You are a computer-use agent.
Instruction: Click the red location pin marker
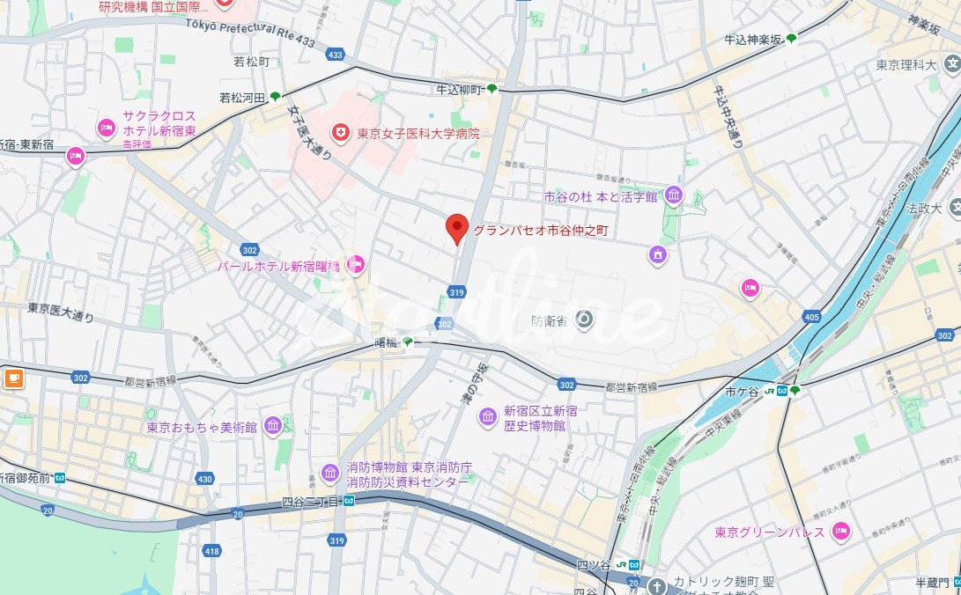(x=456, y=229)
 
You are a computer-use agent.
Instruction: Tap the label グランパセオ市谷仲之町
(x=541, y=231)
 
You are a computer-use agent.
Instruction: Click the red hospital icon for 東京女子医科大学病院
(x=339, y=133)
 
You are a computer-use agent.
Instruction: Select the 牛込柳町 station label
(x=459, y=90)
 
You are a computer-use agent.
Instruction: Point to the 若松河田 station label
(x=242, y=97)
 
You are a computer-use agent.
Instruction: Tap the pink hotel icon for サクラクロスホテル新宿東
(x=107, y=129)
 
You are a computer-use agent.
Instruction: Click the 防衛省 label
(x=550, y=321)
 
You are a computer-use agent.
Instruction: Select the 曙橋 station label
(x=386, y=342)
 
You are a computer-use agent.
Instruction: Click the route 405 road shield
(x=811, y=316)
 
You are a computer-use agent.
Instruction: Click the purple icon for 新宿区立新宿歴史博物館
(x=487, y=415)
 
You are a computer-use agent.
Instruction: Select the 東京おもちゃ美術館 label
(x=202, y=428)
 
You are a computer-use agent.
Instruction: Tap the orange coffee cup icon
(x=13, y=378)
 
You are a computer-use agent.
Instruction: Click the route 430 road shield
(x=204, y=479)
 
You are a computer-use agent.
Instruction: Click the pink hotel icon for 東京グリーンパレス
(x=841, y=532)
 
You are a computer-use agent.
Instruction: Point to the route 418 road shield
(x=211, y=551)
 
